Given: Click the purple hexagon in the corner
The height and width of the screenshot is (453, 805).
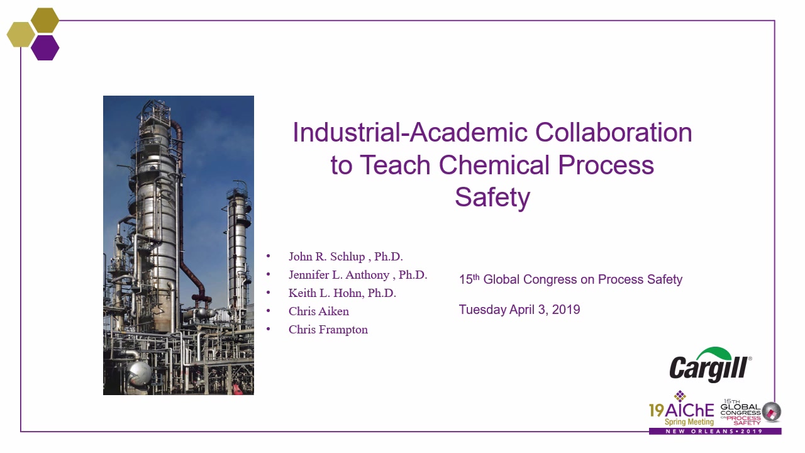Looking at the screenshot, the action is (45, 47).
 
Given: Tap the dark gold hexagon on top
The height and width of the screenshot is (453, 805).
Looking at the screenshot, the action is (45, 20).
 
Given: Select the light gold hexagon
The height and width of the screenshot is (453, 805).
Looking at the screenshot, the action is (21, 34).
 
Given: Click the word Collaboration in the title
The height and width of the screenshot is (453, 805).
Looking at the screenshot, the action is (613, 132).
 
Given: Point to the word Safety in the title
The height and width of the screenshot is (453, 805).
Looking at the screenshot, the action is (492, 197).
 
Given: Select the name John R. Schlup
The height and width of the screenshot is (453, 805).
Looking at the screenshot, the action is (326, 256).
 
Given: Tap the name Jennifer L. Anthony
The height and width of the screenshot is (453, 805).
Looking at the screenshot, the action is (339, 275).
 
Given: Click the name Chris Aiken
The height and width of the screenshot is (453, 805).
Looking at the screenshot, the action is (319, 311).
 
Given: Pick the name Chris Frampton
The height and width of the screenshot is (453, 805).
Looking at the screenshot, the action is (328, 330).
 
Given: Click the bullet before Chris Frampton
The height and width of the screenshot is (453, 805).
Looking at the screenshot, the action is (269, 328).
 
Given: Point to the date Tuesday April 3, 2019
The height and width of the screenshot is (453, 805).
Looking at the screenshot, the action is (519, 310).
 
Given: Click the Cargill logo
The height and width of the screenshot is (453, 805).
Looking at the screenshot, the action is (711, 364).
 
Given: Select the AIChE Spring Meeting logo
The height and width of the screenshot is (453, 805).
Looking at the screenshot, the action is (681, 409).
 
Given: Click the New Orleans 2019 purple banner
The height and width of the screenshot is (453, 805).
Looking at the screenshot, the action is (715, 431).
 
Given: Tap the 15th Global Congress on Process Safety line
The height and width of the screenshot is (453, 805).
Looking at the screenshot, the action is (570, 279).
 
